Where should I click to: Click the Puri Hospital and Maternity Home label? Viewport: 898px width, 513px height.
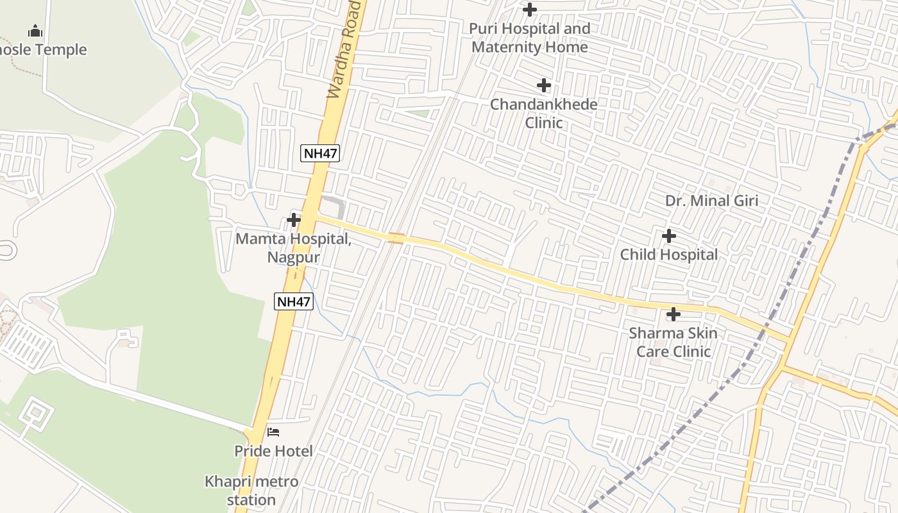530,38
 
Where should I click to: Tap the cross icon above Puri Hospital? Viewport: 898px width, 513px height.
530,10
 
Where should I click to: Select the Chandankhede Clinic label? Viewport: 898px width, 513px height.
544,114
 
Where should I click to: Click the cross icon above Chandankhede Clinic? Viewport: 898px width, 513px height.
544,85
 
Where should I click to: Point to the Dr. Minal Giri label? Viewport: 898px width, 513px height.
711,201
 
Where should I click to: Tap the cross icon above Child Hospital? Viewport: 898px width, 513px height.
669,236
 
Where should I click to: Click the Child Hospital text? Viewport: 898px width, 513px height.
669,255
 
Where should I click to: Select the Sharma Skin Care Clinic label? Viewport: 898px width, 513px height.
673,342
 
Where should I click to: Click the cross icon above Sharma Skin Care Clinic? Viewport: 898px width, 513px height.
673,314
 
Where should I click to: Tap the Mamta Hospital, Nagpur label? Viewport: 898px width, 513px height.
293,248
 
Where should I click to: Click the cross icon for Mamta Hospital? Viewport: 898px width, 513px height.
294,220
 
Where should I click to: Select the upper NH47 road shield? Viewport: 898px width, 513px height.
320,153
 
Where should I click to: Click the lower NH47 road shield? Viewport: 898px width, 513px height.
294,301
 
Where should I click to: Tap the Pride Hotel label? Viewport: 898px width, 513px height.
273,451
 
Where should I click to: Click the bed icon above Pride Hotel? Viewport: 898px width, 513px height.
273,432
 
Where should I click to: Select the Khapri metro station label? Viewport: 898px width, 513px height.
251,491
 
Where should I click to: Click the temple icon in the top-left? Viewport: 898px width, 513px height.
35,31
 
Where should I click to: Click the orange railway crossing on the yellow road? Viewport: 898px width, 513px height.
396,239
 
